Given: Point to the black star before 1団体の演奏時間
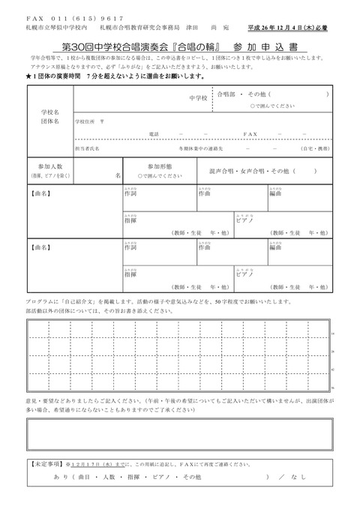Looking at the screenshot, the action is pos(28,77).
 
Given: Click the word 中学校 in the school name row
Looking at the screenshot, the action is pos(198,99).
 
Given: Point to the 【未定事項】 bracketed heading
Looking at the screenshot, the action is pos(48,465).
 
